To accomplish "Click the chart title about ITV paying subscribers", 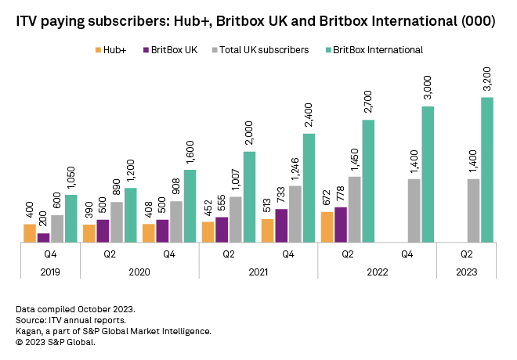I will [x=255, y=23].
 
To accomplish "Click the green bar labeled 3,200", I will [x=487, y=170].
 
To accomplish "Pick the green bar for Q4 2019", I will [x=71, y=218].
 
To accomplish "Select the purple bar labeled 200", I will [x=43, y=238].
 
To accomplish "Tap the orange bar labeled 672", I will [x=327, y=227].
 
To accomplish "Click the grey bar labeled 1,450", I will [x=355, y=209].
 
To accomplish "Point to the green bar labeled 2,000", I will [x=249, y=196].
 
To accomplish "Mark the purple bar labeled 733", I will [x=281, y=225].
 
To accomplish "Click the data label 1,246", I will [x=295, y=167].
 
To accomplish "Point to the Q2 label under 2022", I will [x=347, y=254].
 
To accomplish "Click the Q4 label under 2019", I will [x=50, y=254].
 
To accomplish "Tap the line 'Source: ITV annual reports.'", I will [x=70, y=320].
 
